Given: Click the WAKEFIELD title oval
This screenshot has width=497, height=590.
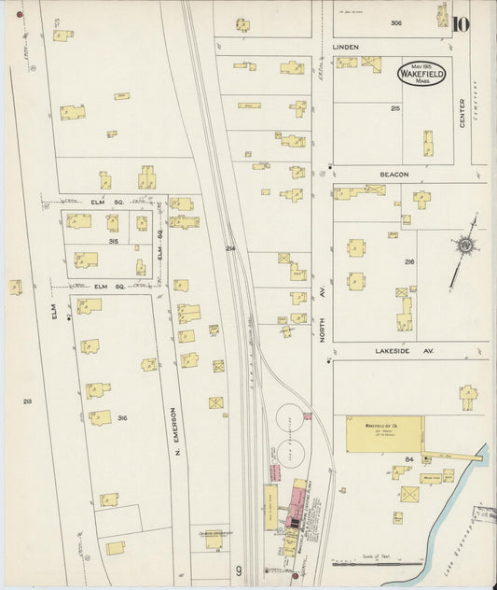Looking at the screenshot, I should (422, 73).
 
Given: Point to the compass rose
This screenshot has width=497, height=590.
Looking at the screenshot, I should (463, 246).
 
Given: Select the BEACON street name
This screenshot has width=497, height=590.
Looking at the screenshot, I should (394, 174).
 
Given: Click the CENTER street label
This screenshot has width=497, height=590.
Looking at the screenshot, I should (462, 112).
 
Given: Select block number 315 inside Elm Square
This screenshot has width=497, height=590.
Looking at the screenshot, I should (113, 241).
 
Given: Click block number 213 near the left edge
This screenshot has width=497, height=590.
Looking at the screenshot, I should (27, 401).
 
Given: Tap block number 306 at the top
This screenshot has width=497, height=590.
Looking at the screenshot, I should (396, 22).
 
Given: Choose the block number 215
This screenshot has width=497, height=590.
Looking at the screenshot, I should (395, 109).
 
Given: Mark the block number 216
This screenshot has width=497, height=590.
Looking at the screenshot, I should (408, 263).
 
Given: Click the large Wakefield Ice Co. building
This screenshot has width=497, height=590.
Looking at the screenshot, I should (383, 435).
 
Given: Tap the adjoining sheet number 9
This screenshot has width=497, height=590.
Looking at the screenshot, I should (239, 570).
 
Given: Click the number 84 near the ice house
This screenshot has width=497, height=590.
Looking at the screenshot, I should (408, 459).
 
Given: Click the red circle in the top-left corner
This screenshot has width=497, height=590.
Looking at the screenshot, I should (18, 15).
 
